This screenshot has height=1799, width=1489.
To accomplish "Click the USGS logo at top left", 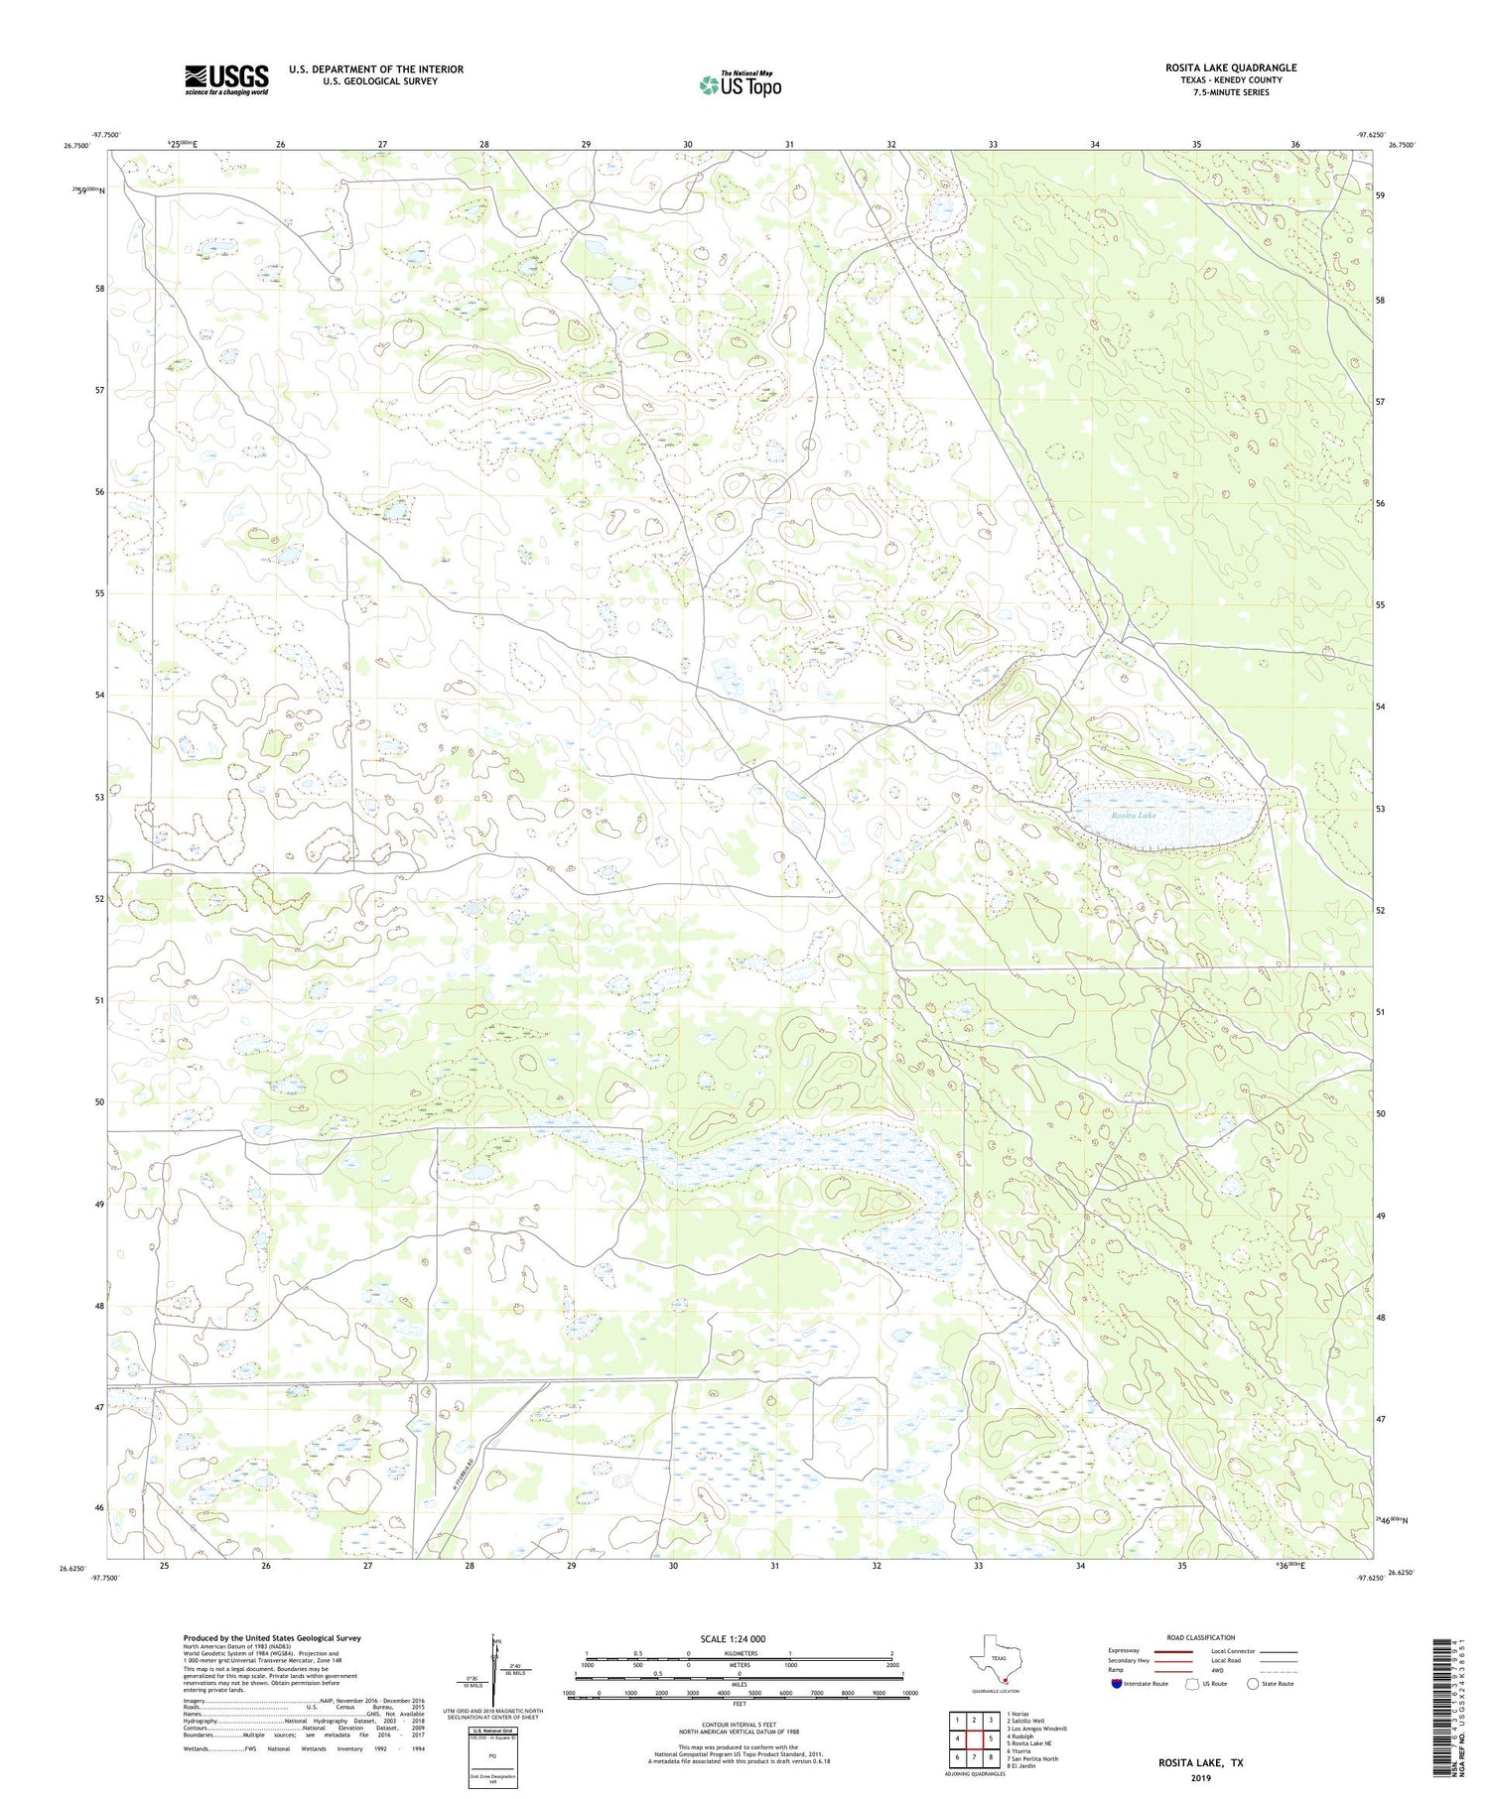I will click(226, 79).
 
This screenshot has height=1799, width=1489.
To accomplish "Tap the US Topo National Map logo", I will click(740, 84).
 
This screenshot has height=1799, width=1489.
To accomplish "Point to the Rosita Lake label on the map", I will click(1134, 816).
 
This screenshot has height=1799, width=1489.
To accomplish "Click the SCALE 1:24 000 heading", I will click(733, 1638).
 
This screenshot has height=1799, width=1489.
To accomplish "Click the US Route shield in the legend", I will click(1192, 1684).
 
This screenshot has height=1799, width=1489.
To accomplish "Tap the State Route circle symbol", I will click(1253, 1684).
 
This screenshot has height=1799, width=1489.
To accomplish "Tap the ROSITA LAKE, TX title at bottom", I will click(1200, 1763).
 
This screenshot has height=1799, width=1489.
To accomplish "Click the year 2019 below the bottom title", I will click(1200, 1777).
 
